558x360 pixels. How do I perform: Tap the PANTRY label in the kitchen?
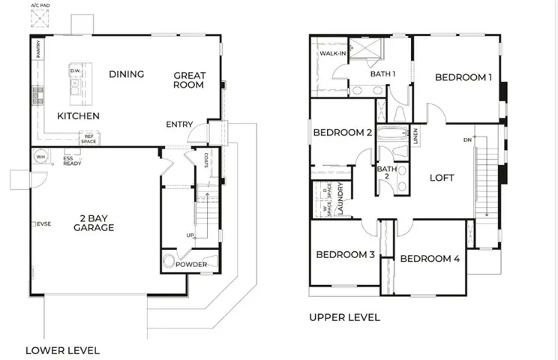click(37, 49)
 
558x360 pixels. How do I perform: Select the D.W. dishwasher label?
click(75, 71)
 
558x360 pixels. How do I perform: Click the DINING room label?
click(126, 73)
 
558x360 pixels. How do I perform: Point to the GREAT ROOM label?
click(189, 80)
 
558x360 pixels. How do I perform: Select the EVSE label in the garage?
click(44, 223)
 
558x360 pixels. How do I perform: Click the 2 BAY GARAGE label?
click(93, 223)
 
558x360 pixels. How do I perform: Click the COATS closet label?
click(205, 160)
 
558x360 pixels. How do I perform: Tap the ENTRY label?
click(179, 124)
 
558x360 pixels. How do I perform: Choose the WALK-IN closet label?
click(332, 54)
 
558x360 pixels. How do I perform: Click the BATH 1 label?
click(382, 73)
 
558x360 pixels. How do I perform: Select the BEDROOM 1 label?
click(463, 76)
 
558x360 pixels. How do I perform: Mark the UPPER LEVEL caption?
click(344, 317)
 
